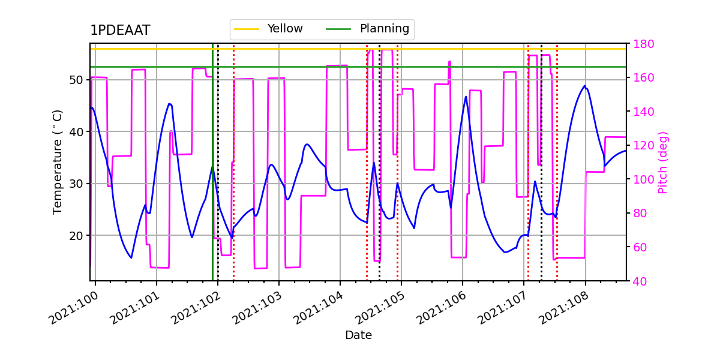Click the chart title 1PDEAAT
point(120,31)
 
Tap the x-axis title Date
point(358,335)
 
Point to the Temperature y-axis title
point(58,161)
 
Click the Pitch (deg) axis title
point(663,162)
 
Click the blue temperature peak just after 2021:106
point(466,97)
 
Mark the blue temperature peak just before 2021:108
point(584,86)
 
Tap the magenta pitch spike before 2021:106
point(449,62)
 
